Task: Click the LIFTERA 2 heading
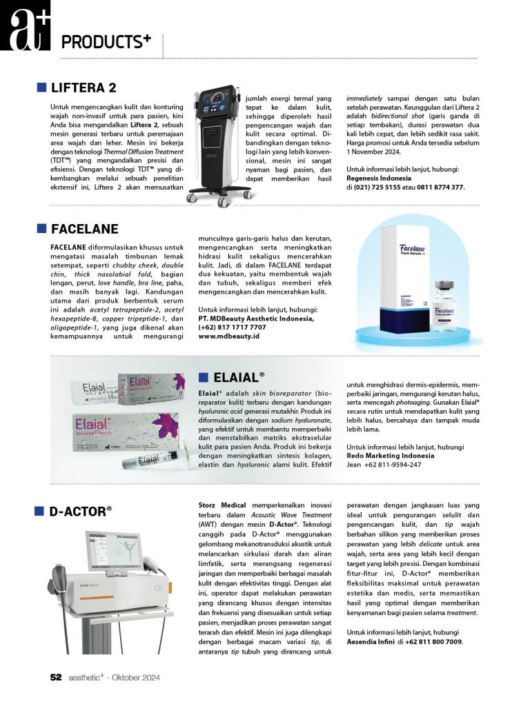(x=84, y=88)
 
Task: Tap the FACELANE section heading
(x=85, y=229)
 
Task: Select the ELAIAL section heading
(x=238, y=376)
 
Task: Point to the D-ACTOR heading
(x=80, y=511)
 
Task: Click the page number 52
(x=57, y=678)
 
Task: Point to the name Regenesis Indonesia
(x=380, y=177)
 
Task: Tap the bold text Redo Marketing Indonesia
(x=391, y=456)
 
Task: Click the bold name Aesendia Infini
(x=371, y=641)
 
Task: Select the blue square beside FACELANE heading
(x=41, y=229)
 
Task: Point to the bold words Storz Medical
(x=222, y=505)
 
